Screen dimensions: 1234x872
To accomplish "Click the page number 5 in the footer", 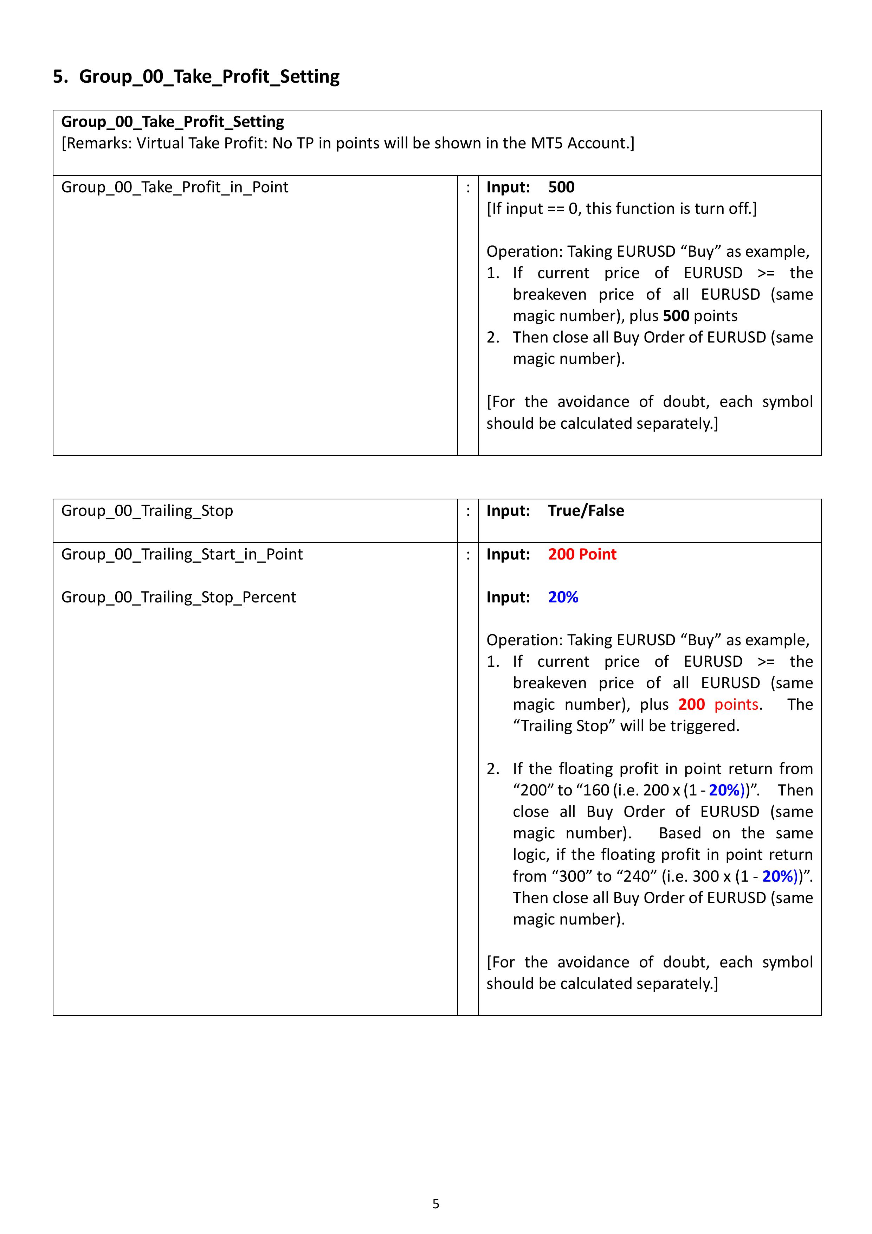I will point(436,1204).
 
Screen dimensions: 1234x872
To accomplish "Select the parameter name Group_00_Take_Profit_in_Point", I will point(175,187).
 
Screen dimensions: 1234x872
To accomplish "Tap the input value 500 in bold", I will point(561,187).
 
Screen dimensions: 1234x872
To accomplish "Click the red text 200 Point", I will point(582,554).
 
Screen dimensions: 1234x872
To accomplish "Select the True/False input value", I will point(586,511).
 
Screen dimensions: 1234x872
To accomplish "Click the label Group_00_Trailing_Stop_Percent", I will point(179,597).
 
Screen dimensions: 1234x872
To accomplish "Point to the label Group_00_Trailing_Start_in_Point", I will point(182,554).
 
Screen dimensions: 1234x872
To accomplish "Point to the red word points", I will point(736,705).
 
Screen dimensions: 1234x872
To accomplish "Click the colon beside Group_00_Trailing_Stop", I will point(467,511).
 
